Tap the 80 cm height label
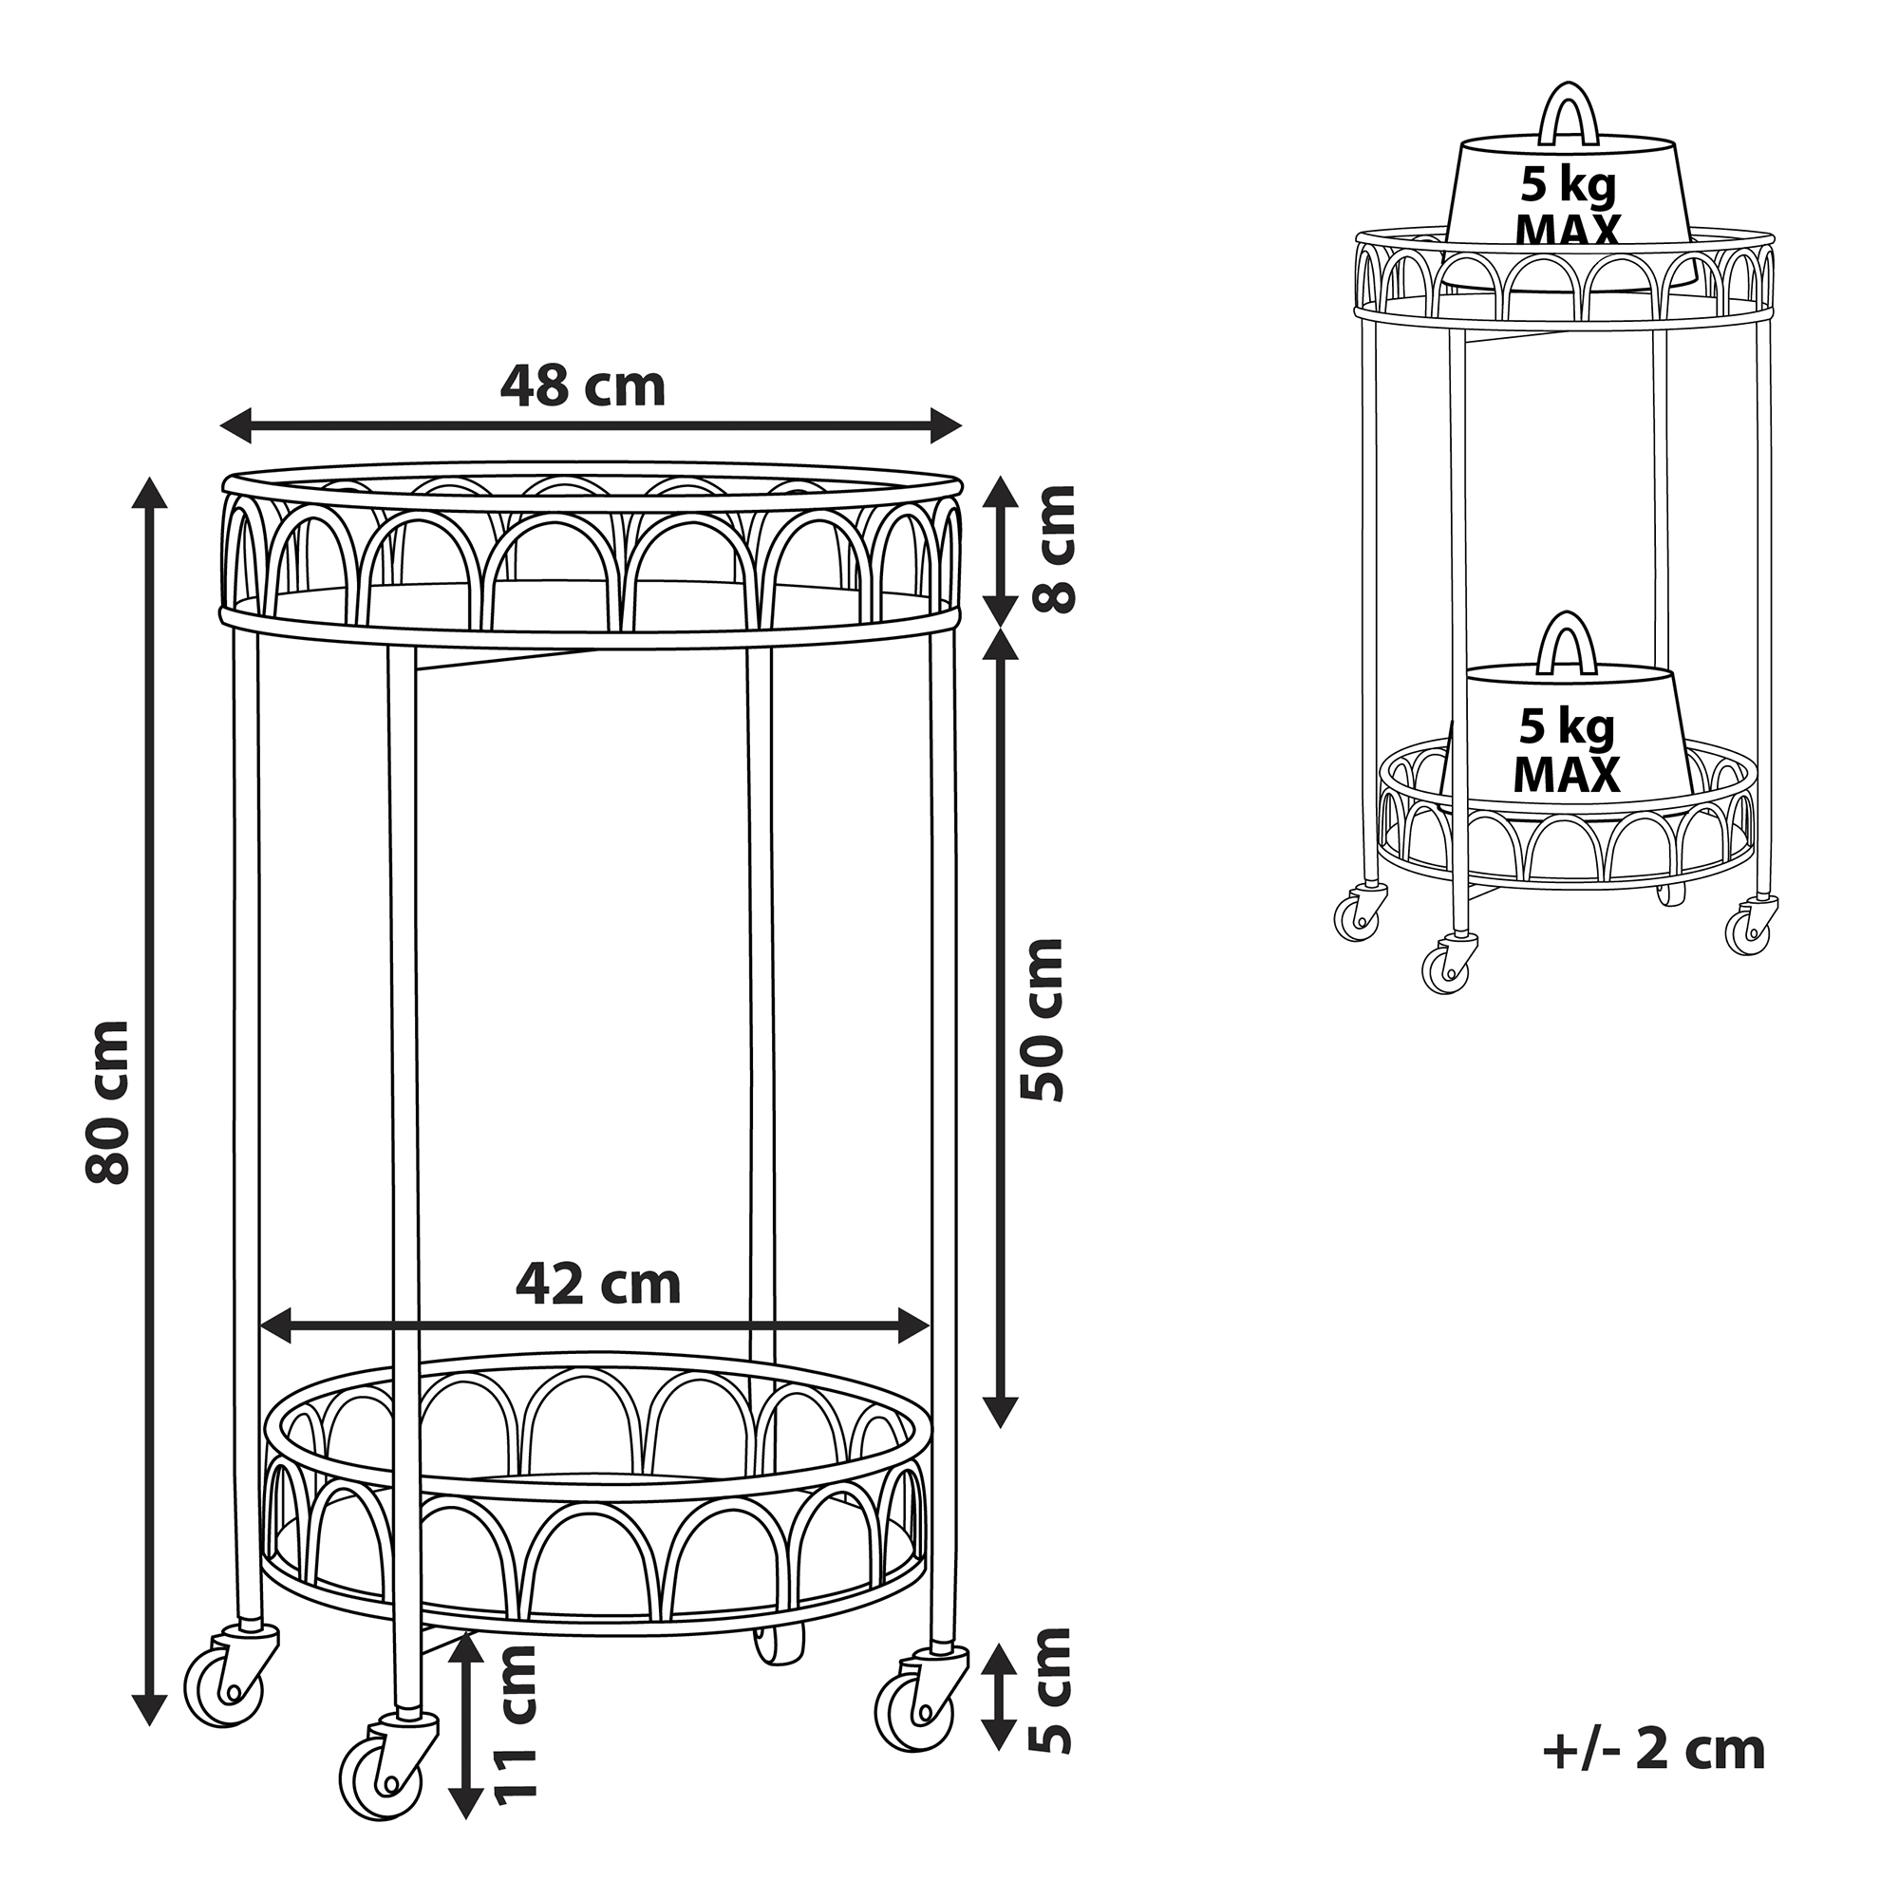pyautogui.click(x=107, y=1101)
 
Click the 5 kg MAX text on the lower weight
pyautogui.click(x=1567, y=751)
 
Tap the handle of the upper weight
pyautogui.click(x=1570, y=114)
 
